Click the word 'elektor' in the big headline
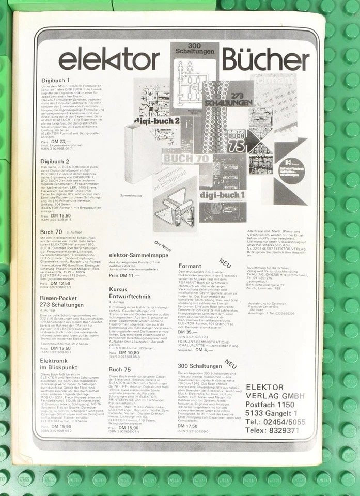coord(108,60)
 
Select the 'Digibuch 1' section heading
coord(55,81)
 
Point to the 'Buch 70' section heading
coord(51,232)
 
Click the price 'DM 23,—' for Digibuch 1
coord(60,141)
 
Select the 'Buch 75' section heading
coord(120,369)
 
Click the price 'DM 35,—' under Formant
coord(185,332)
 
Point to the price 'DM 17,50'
coord(187,426)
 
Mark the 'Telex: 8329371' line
coord(272,430)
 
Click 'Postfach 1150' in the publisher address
coord(270,405)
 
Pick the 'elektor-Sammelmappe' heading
coord(138,255)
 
